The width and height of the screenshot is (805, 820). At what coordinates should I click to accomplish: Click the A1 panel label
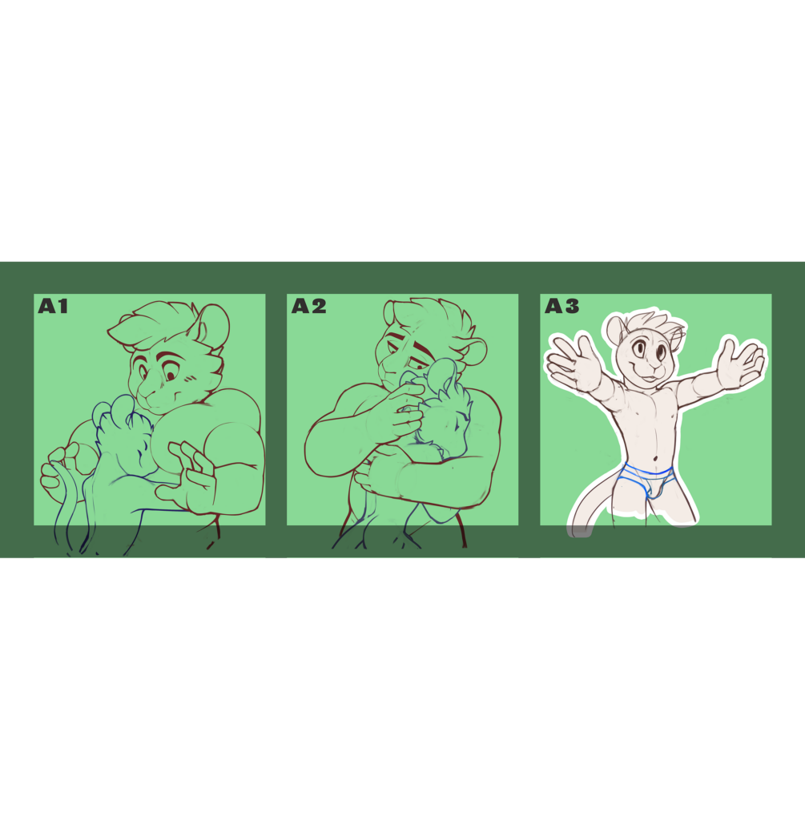tap(53, 306)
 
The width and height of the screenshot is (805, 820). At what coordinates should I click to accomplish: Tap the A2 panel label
tap(308, 306)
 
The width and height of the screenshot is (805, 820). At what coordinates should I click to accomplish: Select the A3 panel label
tap(561, 306)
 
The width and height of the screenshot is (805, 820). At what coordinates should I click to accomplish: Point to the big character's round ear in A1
tap(211, 325)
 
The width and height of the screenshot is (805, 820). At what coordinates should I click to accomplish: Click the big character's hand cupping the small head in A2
tap(396, 414)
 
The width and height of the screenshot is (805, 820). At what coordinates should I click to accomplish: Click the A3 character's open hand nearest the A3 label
tap(572, 361)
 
